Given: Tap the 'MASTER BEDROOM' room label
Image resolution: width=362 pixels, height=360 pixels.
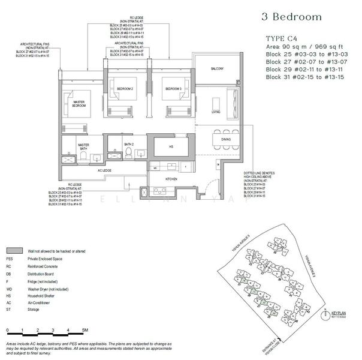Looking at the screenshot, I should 79,104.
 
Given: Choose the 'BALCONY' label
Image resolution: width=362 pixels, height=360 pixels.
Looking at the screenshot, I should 216,69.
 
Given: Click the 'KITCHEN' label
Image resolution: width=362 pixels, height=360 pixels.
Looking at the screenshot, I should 173,179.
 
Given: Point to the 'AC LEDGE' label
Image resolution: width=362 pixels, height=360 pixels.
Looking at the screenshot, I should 104,170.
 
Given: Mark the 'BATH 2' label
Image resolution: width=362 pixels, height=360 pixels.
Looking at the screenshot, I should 128,144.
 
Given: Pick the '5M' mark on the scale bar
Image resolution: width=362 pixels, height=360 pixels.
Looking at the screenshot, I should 86,330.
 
